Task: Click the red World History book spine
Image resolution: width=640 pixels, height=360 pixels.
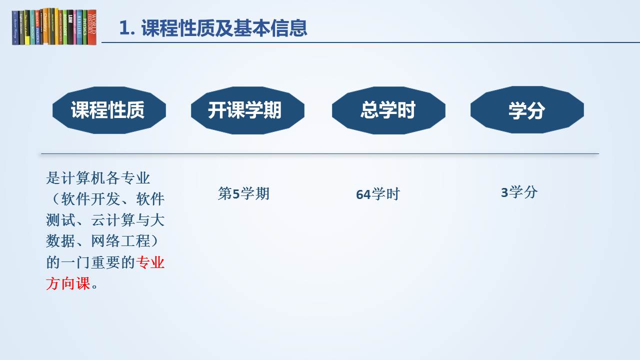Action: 91,27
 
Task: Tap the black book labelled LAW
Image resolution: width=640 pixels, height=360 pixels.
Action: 70,27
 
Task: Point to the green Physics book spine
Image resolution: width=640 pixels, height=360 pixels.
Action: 85,27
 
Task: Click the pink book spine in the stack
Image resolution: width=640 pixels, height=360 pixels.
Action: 74,27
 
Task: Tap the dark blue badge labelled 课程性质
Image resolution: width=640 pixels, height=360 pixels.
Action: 109,110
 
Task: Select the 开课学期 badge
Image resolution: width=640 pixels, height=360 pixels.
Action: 247,110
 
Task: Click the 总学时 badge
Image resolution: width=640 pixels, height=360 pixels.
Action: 388,110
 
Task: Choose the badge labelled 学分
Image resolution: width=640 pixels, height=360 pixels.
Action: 527,109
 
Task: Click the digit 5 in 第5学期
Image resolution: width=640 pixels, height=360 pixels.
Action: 236,194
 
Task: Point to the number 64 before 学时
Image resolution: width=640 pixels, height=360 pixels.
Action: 363,195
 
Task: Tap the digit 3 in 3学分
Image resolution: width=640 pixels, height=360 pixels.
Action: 504,192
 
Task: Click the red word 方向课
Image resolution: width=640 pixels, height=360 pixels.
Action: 68,283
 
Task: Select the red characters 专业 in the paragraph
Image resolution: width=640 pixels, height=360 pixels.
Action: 150,262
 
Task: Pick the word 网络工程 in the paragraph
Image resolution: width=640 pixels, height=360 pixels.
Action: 120,241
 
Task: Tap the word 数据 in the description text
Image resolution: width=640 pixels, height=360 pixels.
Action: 60,241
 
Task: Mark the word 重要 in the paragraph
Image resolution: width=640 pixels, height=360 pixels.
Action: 105,262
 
